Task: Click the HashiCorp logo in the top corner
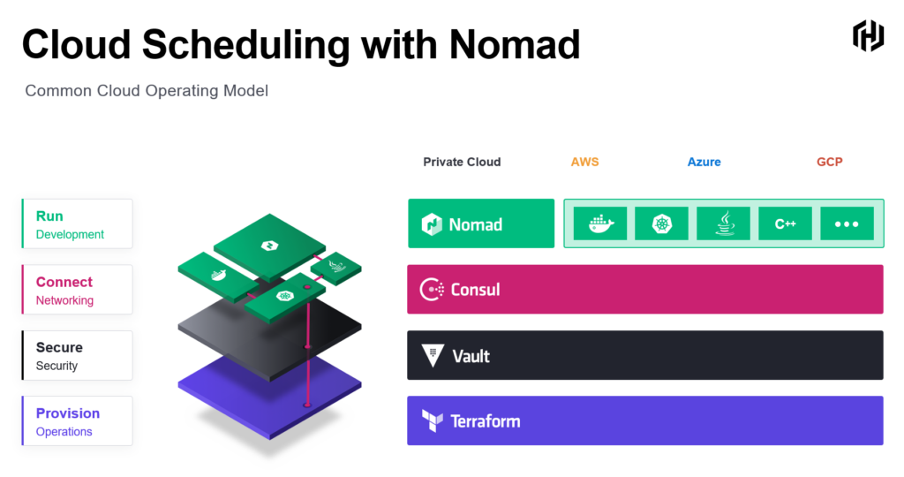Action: point(868,35)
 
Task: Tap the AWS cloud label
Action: point(584,162)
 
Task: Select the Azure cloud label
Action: point(704,162)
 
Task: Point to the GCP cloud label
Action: point(830,162)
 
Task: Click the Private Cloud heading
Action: point(462,162)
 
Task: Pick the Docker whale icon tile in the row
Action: point(600,223)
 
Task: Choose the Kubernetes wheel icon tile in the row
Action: point(662,223)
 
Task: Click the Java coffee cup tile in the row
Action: point(724,223)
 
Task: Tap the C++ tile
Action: point(785,223)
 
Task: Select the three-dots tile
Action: point(847,223)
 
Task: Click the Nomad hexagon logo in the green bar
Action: point(431,224)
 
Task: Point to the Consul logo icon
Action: point(432,290)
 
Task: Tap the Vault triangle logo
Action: point(433,355)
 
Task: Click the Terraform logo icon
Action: point(433,421)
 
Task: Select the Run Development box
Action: point(78,223)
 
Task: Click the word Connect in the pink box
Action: point(64,282)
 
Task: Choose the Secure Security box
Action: point(78,355)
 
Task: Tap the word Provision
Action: point(68,413)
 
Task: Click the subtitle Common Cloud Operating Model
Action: point(147,91)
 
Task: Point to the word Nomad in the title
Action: point(515,44)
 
